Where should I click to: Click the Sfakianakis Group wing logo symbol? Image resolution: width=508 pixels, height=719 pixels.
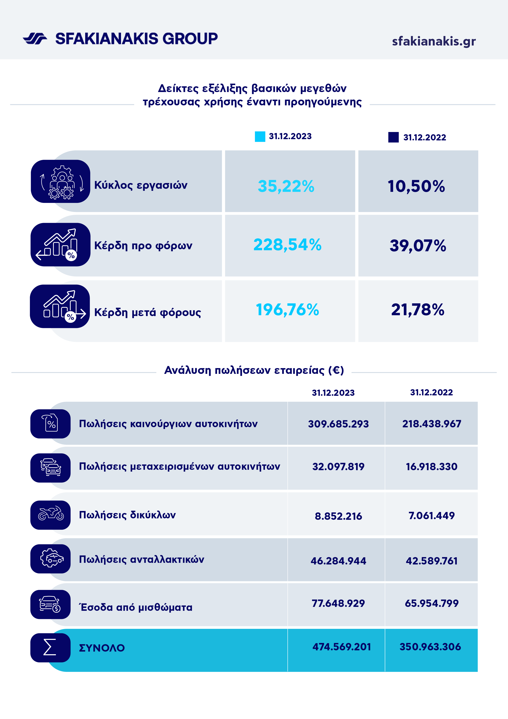(35, 39)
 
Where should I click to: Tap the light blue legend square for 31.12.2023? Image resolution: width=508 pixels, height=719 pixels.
(260, 137)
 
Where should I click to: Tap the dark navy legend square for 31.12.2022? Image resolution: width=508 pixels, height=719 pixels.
(393, 137)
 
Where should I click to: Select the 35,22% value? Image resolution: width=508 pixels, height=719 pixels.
(286, 186)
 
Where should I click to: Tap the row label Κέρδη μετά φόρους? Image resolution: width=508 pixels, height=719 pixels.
(147, 312)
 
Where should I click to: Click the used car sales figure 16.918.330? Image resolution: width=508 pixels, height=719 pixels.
(431, 467)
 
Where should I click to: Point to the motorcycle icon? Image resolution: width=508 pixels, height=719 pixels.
(51, 514)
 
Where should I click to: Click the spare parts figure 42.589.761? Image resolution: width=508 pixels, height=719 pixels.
(431, 561)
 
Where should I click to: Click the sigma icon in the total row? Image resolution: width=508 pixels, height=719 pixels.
(50, 647)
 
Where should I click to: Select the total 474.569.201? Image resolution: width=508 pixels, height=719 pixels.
(342, 647)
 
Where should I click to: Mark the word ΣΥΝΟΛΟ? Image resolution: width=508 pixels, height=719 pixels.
(102, 648)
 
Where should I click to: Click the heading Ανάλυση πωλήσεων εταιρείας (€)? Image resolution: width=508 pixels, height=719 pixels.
(254, 370)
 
